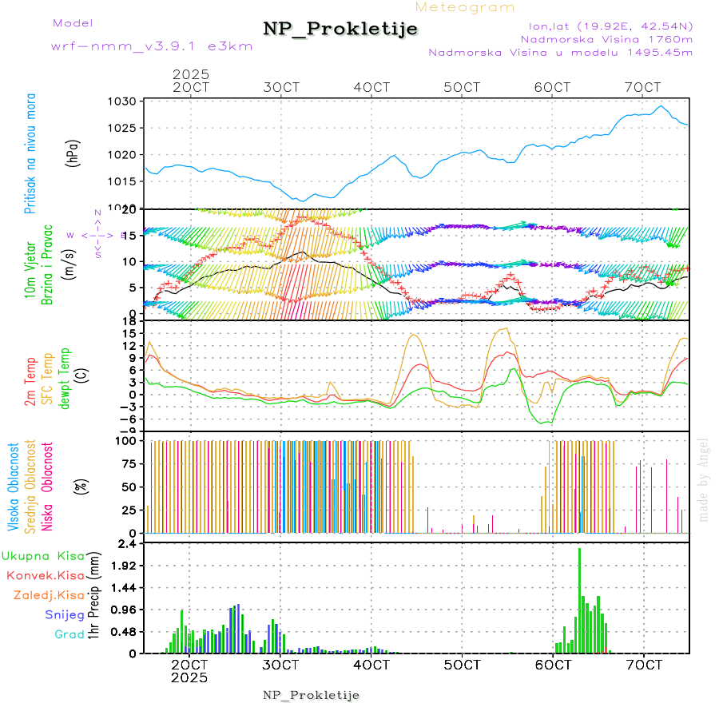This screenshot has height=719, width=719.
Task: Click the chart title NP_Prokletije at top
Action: (340, 30)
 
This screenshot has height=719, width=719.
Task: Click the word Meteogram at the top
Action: (465, 7)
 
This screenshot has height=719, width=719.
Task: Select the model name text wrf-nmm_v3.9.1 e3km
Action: (152, 46)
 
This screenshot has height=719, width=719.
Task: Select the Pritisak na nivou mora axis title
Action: (30, 153)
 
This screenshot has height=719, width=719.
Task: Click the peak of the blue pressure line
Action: (661, 106)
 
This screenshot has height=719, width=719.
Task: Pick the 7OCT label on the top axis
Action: (643, 87)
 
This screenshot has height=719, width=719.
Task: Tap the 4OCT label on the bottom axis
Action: (371, 664)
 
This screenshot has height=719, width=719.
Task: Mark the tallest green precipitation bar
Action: (580, 599)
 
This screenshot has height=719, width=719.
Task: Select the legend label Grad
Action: (69, 634)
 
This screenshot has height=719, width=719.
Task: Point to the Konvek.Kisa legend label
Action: (45, 575)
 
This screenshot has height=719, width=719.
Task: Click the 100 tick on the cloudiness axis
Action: (128, 440)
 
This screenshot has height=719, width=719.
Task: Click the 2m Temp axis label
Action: (30, 383)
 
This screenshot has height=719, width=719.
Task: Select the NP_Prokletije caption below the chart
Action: (312, 695)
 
